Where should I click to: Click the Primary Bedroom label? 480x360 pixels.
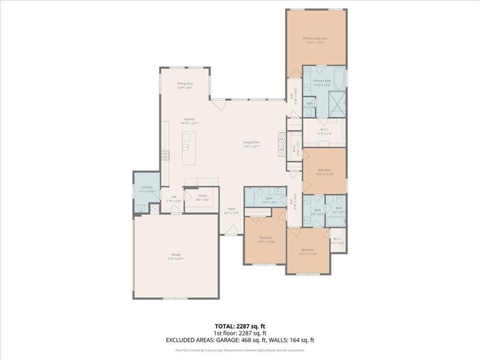316,40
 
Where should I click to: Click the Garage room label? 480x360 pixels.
175,256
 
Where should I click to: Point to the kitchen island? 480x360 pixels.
187,147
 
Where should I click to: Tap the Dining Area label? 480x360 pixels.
184,85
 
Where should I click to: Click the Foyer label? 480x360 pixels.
231,211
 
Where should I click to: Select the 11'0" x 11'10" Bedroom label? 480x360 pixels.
323,172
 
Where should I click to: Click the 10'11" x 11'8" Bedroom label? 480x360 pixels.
308,251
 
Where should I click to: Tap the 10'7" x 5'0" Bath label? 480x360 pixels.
269,200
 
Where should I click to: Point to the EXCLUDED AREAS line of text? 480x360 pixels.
240,340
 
